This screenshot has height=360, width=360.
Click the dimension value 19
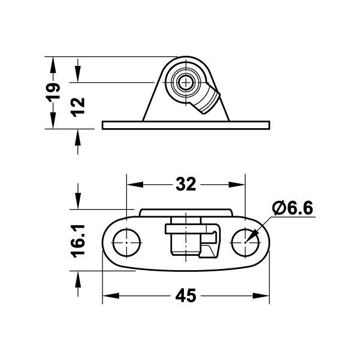53,92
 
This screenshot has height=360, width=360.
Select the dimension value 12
78,107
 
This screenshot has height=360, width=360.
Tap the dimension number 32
186,184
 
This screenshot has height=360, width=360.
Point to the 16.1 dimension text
78,241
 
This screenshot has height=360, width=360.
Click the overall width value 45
186,295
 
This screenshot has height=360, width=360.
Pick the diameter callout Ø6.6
292,208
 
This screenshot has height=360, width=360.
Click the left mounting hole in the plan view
126,243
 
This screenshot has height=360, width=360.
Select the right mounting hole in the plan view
246,243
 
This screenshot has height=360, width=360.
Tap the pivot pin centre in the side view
186,82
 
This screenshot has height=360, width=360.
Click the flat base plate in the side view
186,125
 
